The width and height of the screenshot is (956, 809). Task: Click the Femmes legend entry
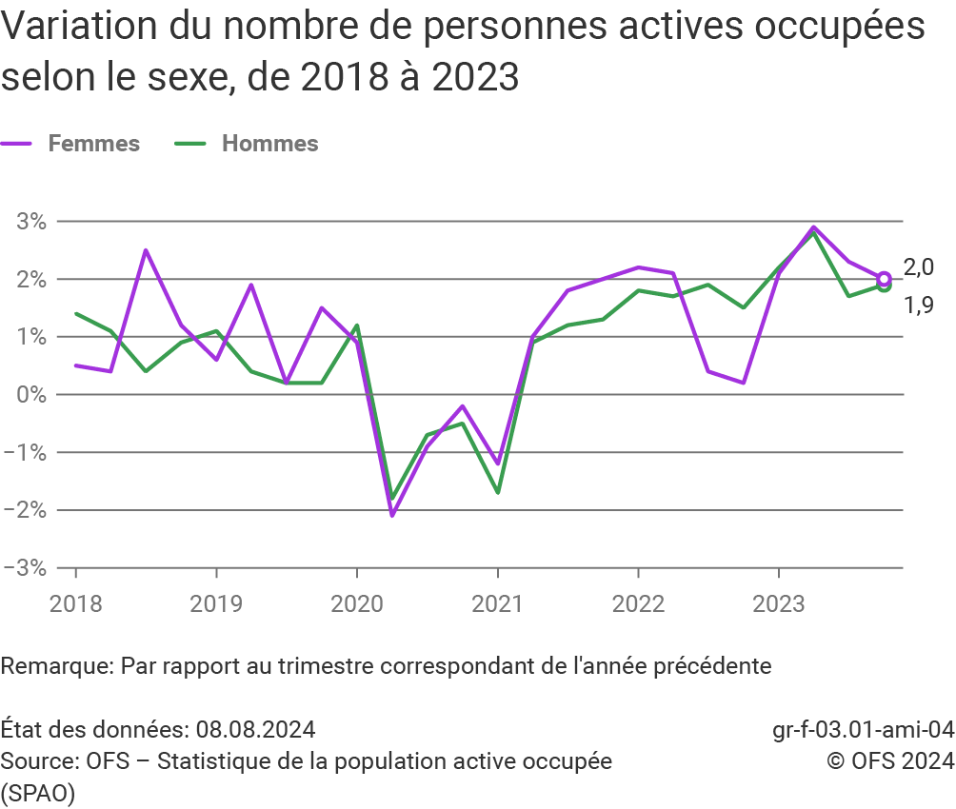(92, 144)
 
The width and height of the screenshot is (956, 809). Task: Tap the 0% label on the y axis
(31, 394)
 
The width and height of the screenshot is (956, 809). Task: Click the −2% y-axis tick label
(26, 510)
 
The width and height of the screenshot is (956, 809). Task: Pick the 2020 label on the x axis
(357, 602)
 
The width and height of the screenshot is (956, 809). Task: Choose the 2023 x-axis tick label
(779, 602)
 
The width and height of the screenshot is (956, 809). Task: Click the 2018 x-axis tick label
(76, 602)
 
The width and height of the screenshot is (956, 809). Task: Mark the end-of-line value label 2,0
(918, 267)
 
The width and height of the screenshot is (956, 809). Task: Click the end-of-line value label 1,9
(918, 306)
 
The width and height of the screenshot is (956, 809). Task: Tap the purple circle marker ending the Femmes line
(884, 279)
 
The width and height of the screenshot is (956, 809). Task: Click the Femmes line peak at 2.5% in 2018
(146, 250)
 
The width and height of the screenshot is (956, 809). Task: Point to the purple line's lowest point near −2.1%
(391, 515)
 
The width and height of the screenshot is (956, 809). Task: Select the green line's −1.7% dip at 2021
(497, 492)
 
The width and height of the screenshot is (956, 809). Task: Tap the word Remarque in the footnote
(56, 665)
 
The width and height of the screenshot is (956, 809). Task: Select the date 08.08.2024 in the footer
(256, 730)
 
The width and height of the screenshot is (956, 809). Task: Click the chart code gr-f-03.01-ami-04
(863, 730)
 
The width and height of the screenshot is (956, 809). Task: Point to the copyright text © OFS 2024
(890, 761)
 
